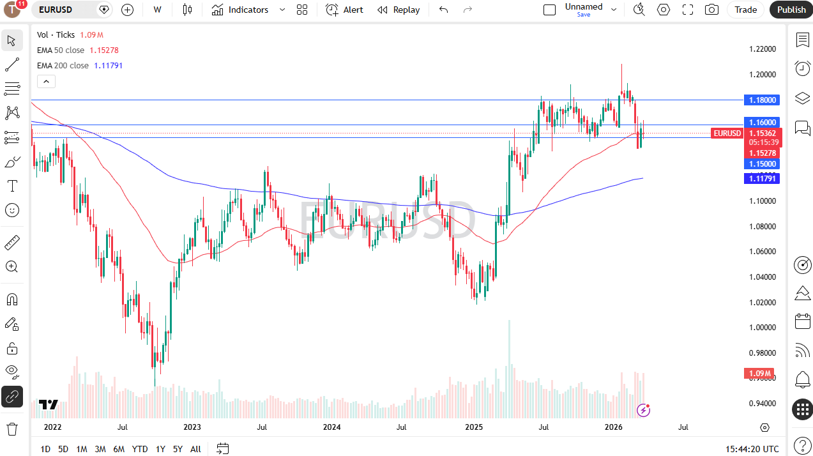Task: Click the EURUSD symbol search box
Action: (x=64, y=10)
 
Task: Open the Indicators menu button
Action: (x=240, y=10)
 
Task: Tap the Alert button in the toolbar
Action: (x=345, y=10)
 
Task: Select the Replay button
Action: (x=399, y=10)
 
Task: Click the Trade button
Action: (x=745, y=10)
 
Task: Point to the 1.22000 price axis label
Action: (x=763, y=49)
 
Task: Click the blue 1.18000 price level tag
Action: (x=763, y=100)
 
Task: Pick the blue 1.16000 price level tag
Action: (x=763, y=122)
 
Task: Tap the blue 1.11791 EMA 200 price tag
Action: (x=763, y=179)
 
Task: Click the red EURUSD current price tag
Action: (x=727, y=133)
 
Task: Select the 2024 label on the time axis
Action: (x=331, y=427)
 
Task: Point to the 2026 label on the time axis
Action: (x=613, y=427)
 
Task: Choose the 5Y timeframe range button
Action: (x=178, y=449)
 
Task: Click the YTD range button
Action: (x=140, y=449)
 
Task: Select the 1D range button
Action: (x=45, y=449)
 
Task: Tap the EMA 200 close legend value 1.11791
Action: (x=108, y=66)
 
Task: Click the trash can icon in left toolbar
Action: (x=12, y=429)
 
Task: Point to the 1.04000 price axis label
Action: (x=763, y=277)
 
